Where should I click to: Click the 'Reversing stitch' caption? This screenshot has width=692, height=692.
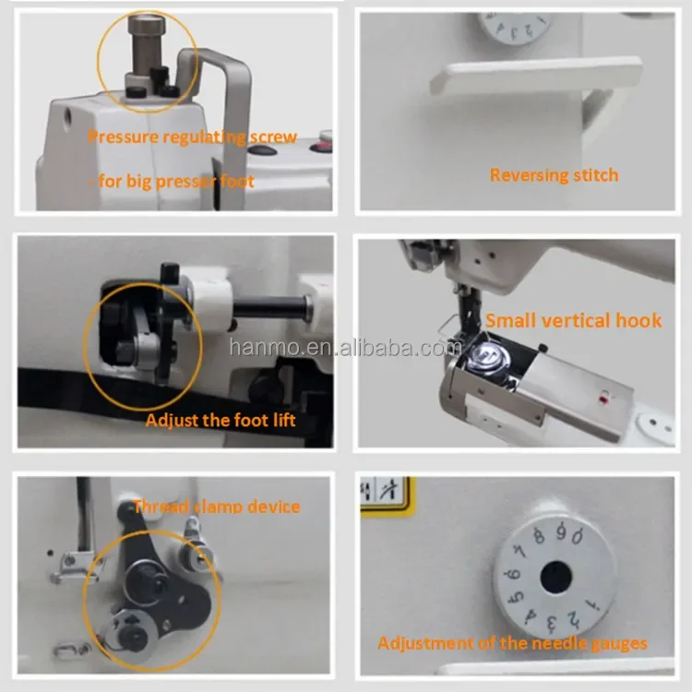pos(554,174)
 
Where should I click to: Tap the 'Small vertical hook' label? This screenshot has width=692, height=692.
pos(574,320)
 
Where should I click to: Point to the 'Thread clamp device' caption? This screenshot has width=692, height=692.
pos(217,506)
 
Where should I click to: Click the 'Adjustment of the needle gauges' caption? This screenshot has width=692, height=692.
pos(512,643)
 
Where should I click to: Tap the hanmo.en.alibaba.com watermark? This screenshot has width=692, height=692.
pos(346,348)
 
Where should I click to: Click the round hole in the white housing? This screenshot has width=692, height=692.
pos(67,118)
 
